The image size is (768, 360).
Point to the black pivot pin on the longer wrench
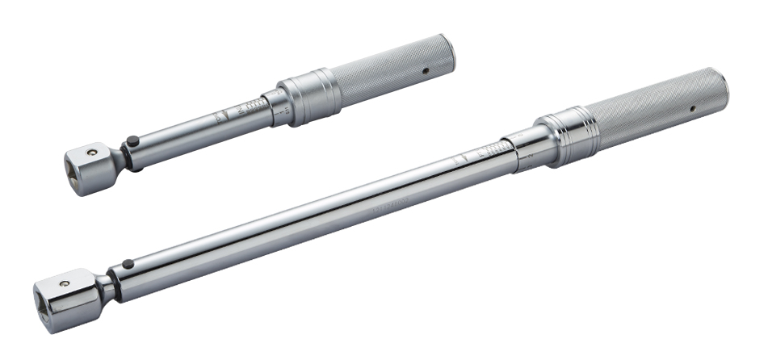(x=127, y=264)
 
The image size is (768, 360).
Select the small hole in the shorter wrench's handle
(x=425, y=71)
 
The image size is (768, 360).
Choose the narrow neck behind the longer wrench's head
(x=107, y=287)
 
